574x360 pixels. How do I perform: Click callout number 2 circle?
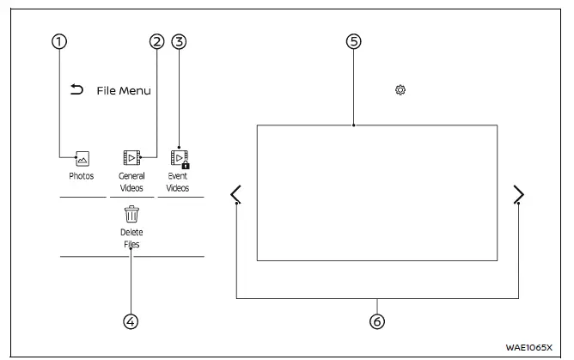(x=156, y=41)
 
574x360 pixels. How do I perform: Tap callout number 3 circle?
(x=179, y=41)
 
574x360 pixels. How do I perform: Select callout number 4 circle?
(x=131, y=321)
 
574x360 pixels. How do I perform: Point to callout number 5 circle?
(x=353, y=41)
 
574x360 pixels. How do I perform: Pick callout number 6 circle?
(x=376, y=321)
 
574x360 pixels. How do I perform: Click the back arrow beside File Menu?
(x=76, y=89)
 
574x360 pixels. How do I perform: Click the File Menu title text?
(x=124, y=90)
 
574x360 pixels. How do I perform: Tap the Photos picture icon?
(x=82, y=158)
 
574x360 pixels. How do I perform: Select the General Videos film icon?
(x=131, y=158)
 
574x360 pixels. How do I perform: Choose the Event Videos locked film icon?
(x=179, y=158)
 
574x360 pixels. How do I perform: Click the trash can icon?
(x=131, y=214)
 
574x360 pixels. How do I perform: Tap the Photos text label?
(x=82, y=176)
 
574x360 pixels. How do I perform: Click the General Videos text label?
(x=131, y=181)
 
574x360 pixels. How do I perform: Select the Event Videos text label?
(x=178, y=181)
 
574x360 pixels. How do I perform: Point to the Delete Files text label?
(x=131, y=238)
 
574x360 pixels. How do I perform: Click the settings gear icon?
(x=400, y=89)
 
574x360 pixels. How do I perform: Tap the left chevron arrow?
(x=236, y=195)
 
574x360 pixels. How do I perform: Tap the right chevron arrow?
(x=518, y=195)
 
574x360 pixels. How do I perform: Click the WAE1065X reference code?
(x=529, y=347)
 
